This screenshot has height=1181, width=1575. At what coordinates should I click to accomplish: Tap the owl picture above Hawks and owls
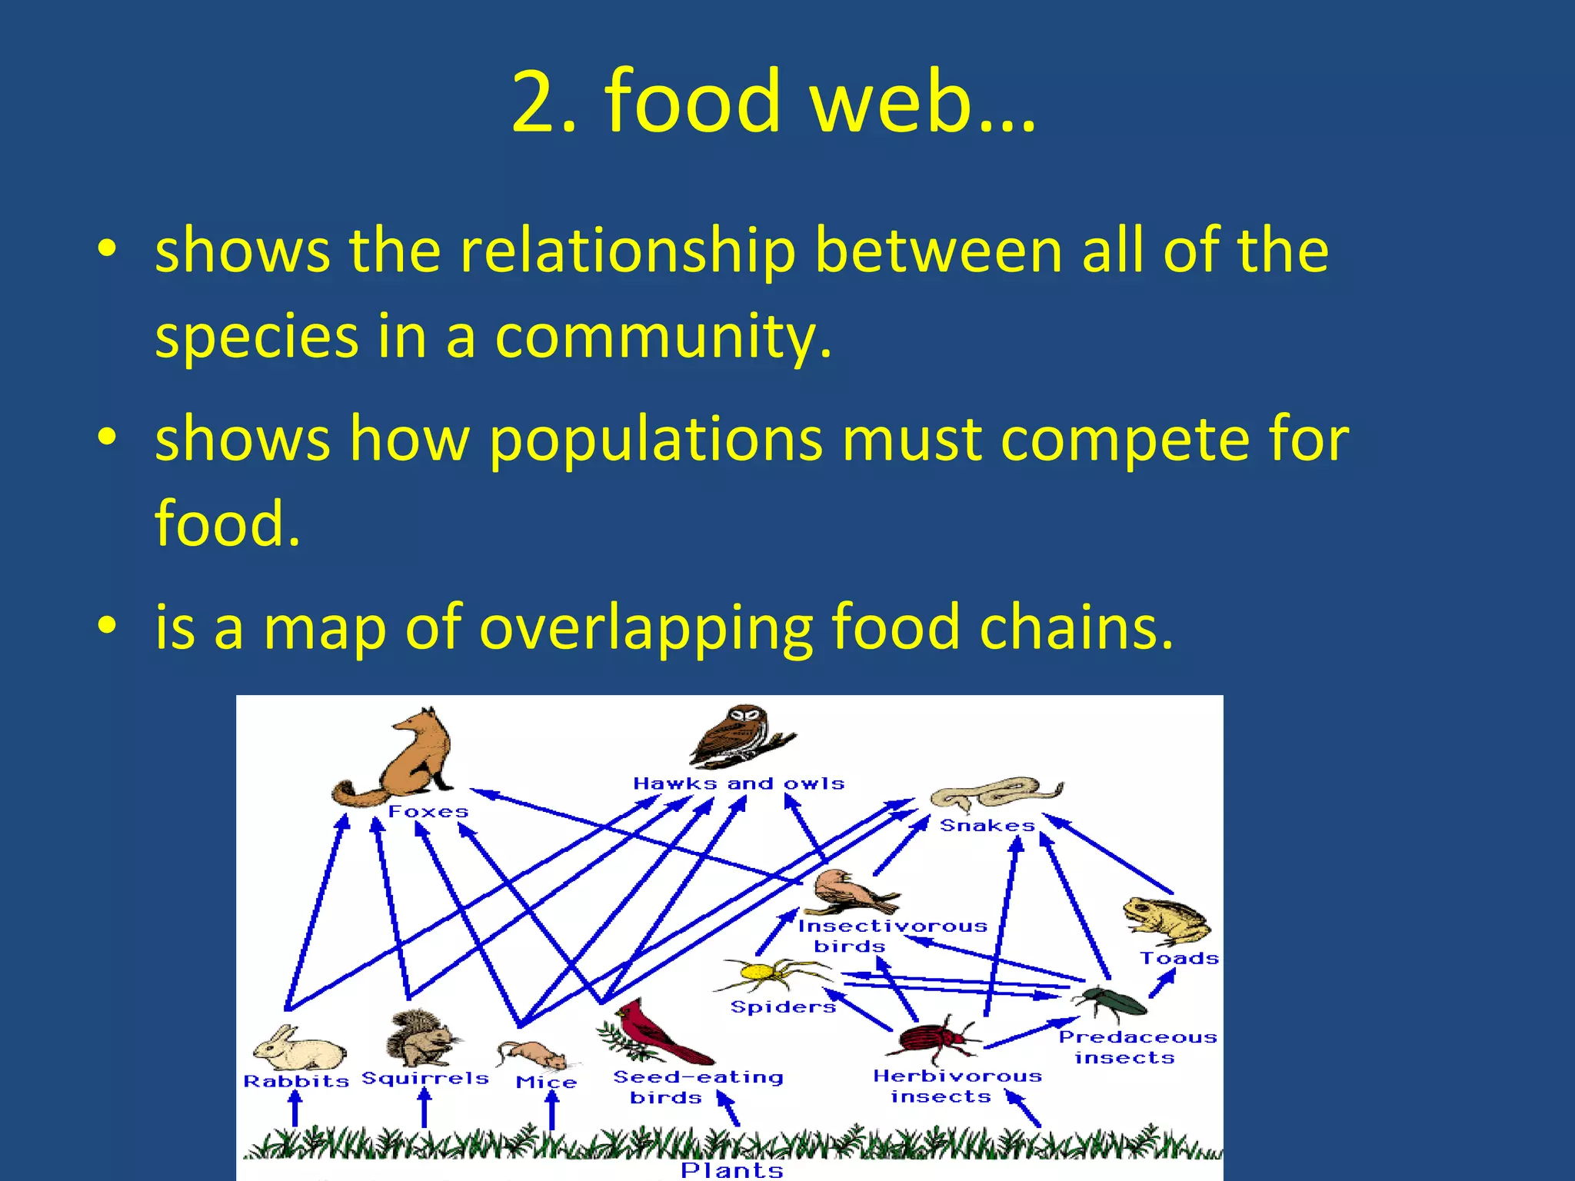pyautogui.click(x=740, y=736)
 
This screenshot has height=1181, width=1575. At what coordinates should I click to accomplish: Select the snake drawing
pyautogui.click(x=996, y=793)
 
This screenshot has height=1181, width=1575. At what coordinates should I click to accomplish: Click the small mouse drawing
pyautogui.click(x=533, y=1054)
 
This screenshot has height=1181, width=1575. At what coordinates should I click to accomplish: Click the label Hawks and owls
pyautogui.click(x=738, y=783)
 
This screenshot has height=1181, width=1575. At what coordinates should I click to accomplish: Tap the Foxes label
pyautogui.click(x=428, y=812)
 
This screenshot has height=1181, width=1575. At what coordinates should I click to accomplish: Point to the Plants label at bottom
pyautogui.click(x=731, y=1170)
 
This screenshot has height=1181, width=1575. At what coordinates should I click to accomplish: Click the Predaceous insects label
pyautogui.click(x=1137, y=1047)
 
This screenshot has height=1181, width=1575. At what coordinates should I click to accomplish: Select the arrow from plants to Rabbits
pyautogui.click(x=295, y=1109)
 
